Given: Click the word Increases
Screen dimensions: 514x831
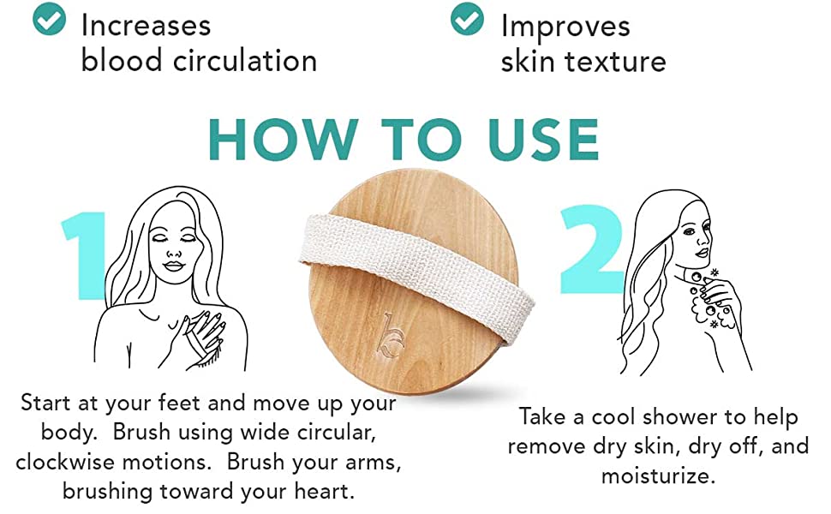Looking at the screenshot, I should pos(146,26).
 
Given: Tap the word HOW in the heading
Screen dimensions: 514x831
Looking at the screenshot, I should pos(283,139).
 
